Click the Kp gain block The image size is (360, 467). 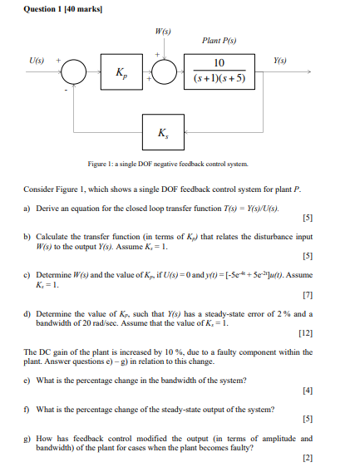coord(121,72)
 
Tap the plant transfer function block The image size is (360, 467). coord(219,72)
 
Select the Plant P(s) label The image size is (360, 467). coord(219,41)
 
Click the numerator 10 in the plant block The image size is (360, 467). coord(219,63)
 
